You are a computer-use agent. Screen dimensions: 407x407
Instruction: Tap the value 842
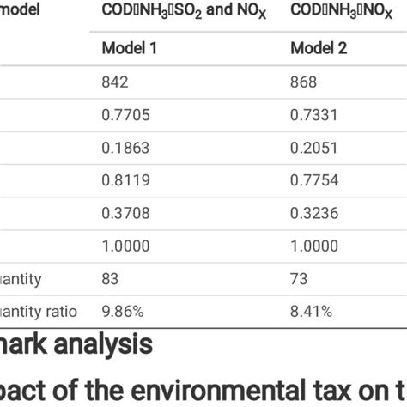pyautogui.click(x=115, y=82)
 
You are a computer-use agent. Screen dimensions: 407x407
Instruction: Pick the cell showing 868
pyautogui.click(x=304, y=82)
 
